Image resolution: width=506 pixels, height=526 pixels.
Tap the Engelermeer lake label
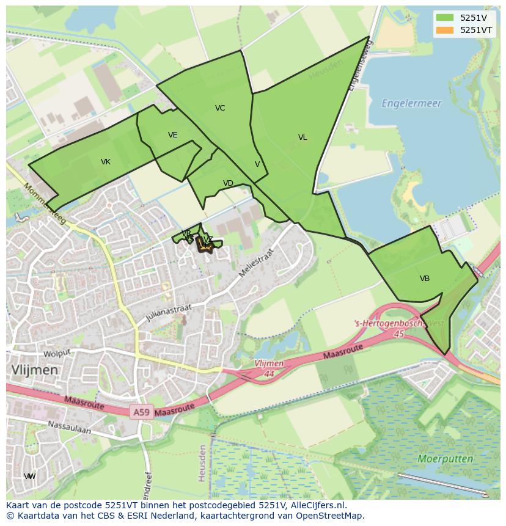[411, 104]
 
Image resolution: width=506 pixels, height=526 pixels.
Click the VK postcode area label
[106, 162]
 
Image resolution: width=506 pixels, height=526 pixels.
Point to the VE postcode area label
[173, 135]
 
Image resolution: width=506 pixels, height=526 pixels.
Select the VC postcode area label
[220, 108]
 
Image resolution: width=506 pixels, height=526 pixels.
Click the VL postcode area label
[302, 137]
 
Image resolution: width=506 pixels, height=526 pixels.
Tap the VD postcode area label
[228, 183]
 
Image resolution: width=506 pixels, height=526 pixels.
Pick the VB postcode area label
[425, 279]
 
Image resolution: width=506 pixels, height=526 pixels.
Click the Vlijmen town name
[34, 370]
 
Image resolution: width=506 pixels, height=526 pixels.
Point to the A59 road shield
[141, 412]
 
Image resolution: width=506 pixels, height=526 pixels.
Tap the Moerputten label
[445, 458]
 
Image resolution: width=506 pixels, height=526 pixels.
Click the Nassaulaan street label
[69, 427]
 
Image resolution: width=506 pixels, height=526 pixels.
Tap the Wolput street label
[57, 352]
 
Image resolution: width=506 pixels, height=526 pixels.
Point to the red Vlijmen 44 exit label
[269, 367]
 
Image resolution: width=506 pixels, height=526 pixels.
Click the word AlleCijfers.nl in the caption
[318, 505]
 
